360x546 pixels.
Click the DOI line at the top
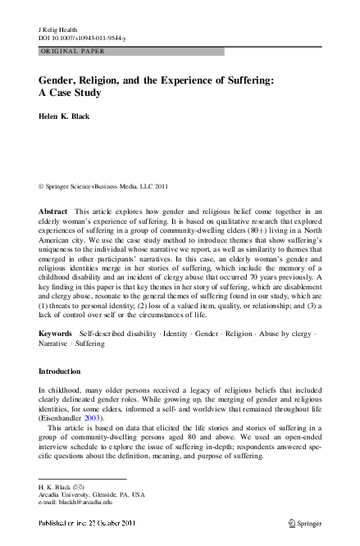click(x=80, y=38)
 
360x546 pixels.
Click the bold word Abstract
click(x=53, y=212)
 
